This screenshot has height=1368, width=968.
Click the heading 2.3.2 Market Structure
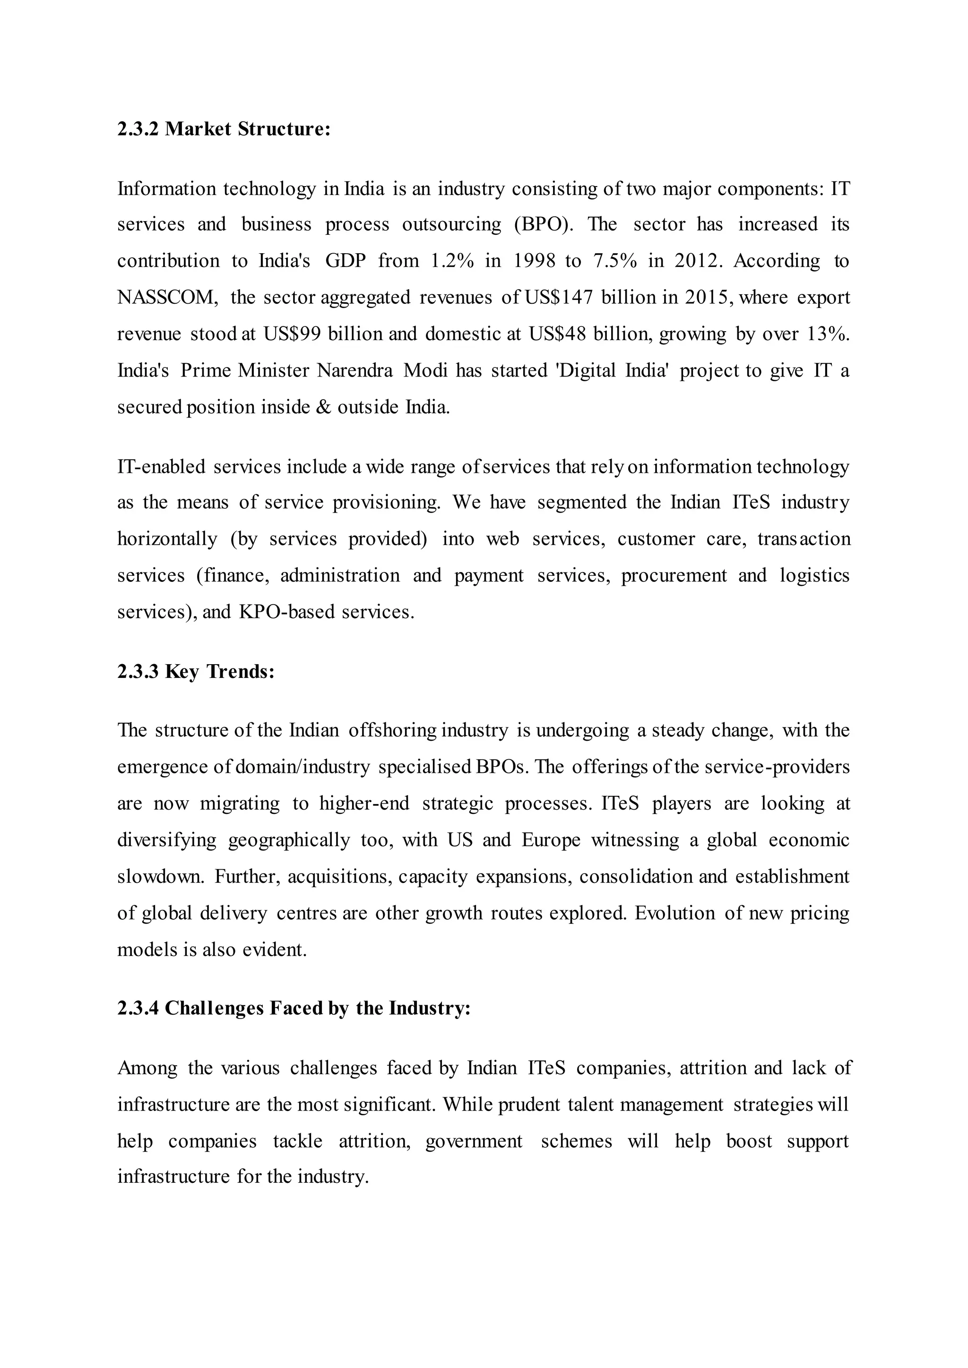[224, 128]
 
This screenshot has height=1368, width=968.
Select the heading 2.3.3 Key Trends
[196, 672]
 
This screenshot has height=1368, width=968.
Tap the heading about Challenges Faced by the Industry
[294, 1008]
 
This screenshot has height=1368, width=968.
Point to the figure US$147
[559, 297]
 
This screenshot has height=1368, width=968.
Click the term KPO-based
[287, 612]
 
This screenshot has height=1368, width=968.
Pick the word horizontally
[167, 539]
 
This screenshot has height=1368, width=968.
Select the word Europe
[551, 840]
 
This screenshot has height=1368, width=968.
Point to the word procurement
[674, 575]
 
